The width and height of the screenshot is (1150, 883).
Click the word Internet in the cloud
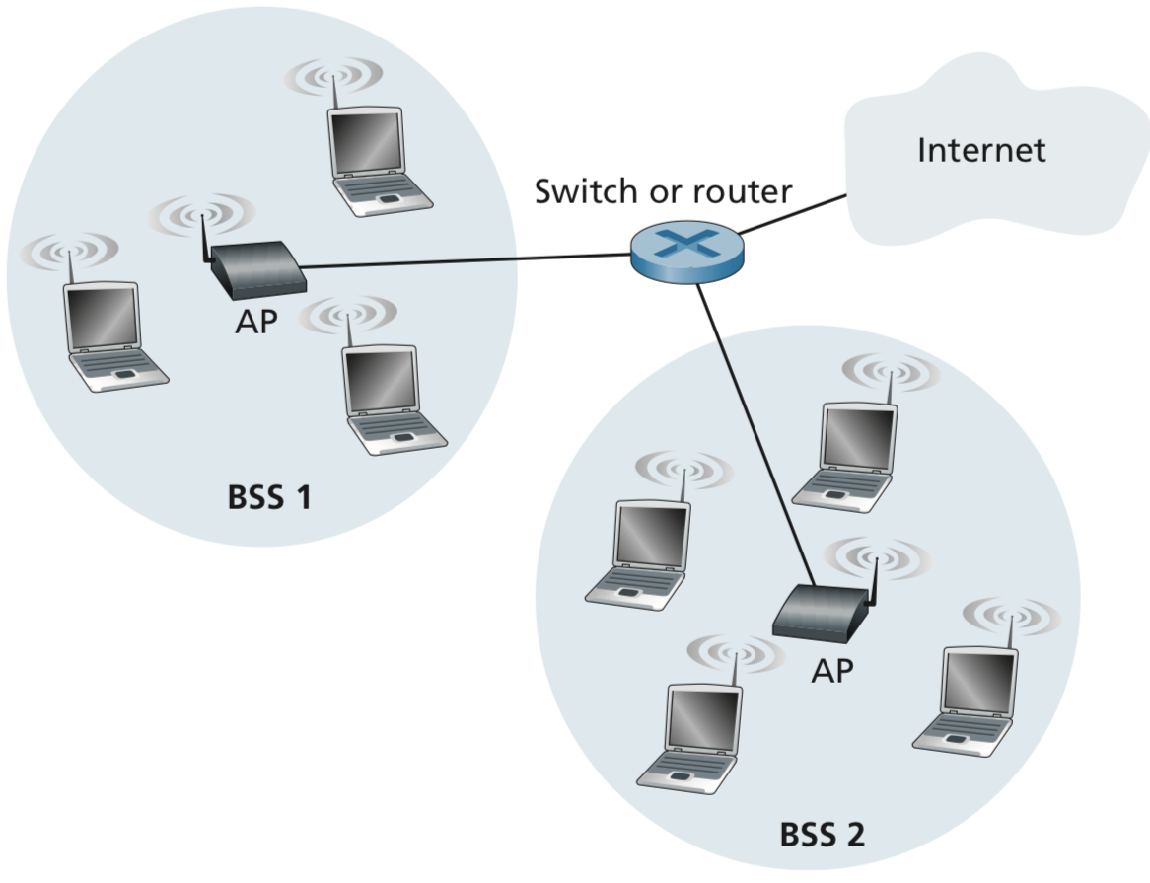(980, 150)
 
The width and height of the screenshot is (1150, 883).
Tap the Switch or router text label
(663, 191)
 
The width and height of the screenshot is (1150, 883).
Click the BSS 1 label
(269, 497)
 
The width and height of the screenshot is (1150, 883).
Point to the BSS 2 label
(822, 835)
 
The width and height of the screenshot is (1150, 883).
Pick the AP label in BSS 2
(831, 671)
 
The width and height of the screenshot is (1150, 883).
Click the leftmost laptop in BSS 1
(109, 336)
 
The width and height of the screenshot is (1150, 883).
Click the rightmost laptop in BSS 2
(970, 699)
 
